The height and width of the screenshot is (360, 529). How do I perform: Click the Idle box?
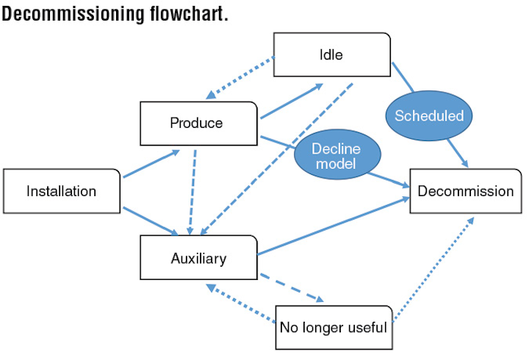332,54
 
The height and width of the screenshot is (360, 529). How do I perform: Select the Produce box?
198,123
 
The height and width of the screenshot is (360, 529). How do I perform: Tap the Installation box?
62,191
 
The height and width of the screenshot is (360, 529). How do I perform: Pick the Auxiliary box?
198,257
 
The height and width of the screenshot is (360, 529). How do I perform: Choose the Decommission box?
466,191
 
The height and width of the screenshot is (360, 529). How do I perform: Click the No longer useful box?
334,327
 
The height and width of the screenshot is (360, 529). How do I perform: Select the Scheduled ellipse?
429,116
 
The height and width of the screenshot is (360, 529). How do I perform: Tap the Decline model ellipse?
337,154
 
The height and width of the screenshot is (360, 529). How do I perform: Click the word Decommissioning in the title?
73,13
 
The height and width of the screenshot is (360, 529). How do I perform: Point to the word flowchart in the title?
189,13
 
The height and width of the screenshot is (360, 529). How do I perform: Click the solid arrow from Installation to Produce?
151,164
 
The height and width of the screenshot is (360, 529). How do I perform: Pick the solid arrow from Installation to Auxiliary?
151,221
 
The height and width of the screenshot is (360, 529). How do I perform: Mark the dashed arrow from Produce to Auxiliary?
192,192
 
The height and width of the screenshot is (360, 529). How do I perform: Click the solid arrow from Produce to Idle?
292,101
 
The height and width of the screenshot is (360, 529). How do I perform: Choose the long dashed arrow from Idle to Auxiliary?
276,159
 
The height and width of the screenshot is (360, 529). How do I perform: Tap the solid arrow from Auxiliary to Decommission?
334,226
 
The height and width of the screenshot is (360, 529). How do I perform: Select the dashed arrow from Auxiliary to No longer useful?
292,288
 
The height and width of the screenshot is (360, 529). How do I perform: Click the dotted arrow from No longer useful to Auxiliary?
240,303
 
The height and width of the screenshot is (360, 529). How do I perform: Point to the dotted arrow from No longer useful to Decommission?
433,269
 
